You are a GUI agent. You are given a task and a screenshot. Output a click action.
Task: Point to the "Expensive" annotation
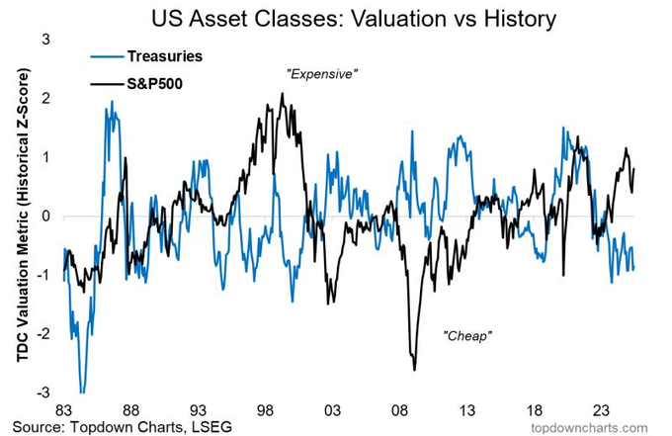[319, 73]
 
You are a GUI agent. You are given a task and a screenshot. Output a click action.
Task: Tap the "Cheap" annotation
[466, 335]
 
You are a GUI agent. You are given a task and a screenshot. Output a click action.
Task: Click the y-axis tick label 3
[45, 39]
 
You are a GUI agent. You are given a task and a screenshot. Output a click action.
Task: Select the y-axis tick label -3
[42, 392]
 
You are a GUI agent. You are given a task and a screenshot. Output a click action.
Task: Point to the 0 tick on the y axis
[45, 216]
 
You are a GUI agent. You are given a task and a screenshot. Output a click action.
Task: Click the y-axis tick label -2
[42, 334]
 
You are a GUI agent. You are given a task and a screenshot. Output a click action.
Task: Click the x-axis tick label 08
[400, 409]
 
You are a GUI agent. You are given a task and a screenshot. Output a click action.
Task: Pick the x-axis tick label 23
[601, 409]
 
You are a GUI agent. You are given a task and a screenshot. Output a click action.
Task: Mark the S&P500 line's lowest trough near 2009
[414, 369]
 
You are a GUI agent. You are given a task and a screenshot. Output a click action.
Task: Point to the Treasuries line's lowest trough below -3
[82, 392]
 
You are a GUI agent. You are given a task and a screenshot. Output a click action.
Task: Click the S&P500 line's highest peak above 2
[283, 94]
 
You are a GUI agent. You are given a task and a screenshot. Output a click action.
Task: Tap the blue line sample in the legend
[106, 56]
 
